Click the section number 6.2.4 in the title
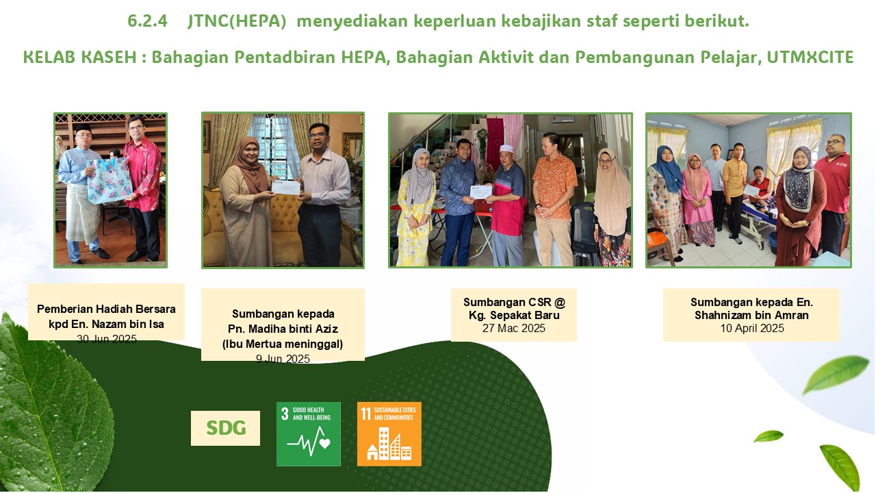pyautogui.click(x=147, y=21)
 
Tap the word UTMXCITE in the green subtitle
pyautogui.click(x=810, y=57)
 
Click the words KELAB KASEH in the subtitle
pyautogui.click(x=79, y=57)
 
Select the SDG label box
pyautogui.click(x=225, y=428)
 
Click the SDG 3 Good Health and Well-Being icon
pyautogui.click(x=309, y=434)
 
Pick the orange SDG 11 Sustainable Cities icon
pyautogui.click(x=389, y=434)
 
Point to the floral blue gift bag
pyautogui.click(x=109, y=180)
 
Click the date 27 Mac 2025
pyautogui.click(x=513, y=328)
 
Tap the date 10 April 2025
pyautogui.click(x=752, y=328)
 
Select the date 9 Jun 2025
pyautogui.click(x=283, y=359)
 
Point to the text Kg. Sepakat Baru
pyautogui.click(x=514, y=315)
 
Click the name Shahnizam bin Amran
pyautogui.click(x=751, y=315)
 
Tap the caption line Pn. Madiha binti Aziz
pyautogui.click(x=283, y=329)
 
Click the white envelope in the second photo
pyautogui.click(x=286, y=188)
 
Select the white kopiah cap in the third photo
pyautogui.click(x=506, y=149)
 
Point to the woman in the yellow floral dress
pyautogui.click(x=415, y=207)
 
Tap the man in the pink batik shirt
pyautogui.click(x=143, y=188)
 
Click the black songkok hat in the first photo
pyautogui.click(x=83, y=127)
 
